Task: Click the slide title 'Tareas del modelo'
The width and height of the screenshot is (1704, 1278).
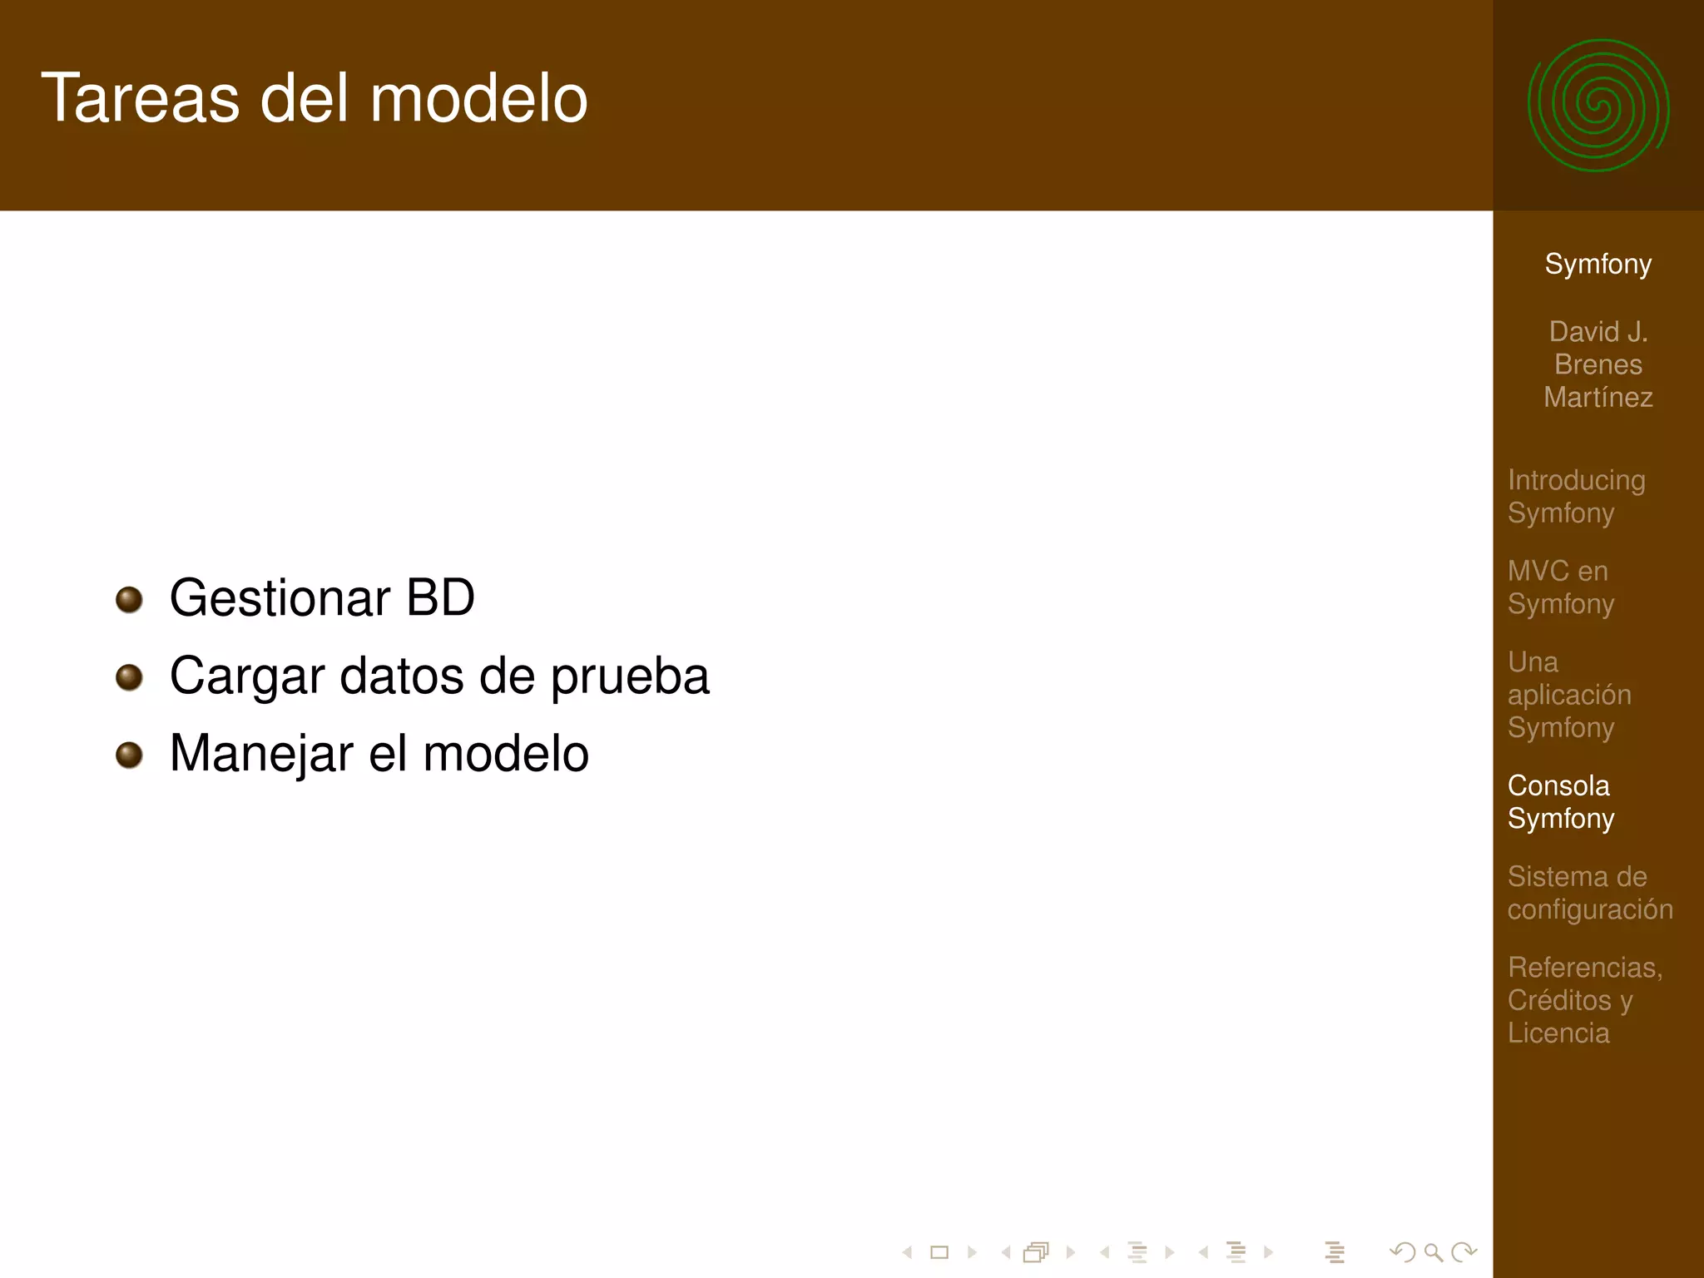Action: click(315, 98)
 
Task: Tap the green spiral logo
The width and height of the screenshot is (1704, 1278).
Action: click(1597, 106)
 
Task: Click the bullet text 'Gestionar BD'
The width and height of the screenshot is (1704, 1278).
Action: click(322, 597)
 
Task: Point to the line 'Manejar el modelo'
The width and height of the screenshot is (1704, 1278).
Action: click(379, 753)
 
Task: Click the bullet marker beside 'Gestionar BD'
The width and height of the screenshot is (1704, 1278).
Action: click(129, 599)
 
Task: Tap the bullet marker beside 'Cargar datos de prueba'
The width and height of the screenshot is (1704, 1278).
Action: click(129, 677)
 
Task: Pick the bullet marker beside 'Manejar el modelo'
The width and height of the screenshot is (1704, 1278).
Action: click(129, 755)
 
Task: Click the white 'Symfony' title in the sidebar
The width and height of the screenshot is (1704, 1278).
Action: click(1597, 264)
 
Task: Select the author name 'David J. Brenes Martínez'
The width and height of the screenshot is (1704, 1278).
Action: click(1597, 364)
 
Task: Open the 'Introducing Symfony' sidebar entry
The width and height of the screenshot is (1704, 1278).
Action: click(1576, 496)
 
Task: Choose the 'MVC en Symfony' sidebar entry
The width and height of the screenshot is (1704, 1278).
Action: click(1561, 587)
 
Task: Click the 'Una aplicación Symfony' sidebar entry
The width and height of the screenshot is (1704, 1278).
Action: click(1569, 694)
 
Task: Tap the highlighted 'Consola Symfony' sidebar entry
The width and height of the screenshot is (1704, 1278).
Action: click(1561, 801)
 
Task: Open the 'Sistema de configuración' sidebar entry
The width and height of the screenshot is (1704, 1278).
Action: click(1589, 892)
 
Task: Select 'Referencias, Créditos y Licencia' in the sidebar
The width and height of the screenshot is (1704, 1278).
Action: click(1584, 999)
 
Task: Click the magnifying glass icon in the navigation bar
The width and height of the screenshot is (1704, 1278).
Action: click(1433, 1252)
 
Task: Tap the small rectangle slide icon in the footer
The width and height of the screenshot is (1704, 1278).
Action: click(939, 1252)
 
